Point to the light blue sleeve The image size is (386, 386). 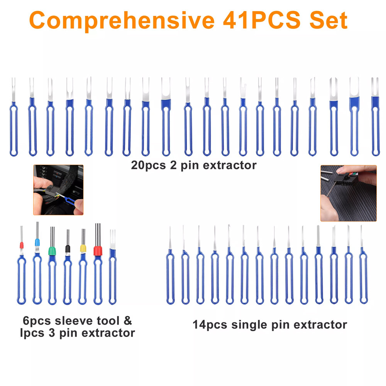37,242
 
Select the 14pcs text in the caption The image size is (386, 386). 210,325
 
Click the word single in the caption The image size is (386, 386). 249,325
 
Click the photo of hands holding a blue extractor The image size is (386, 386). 58,190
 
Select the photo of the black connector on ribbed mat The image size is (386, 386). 348,193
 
